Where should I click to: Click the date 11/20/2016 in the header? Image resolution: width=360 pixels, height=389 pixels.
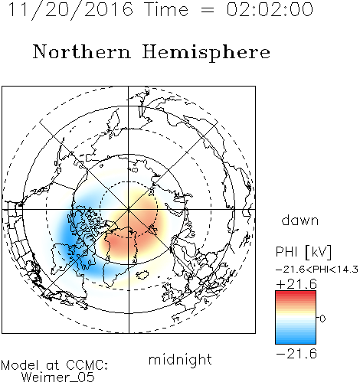[x=70, y=10]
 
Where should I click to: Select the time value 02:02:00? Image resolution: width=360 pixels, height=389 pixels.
[x=270, y=9]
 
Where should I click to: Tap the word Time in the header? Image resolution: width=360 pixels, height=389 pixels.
[x=166, y=9]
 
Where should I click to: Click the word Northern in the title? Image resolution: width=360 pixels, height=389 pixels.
[x=82, y=51]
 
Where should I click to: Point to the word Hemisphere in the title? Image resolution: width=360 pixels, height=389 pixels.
[x=206, y=52]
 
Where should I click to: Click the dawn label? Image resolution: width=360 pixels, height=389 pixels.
[x=300, y=221]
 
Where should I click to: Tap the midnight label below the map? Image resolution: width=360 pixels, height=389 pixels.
[x=180, y=360]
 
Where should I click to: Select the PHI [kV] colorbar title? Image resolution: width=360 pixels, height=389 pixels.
[x=303, y=252]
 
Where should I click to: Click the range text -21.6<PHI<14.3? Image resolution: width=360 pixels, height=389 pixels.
[x=317, y=270]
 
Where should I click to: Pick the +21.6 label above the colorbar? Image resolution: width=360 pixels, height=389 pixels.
[x=296, y=284]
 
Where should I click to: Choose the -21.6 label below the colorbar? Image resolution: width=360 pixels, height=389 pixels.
[x=296, y=354]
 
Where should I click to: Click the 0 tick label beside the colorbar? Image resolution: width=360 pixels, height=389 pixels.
[x=322, y=319]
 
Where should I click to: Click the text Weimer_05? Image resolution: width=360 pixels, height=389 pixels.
[x=58, y=378]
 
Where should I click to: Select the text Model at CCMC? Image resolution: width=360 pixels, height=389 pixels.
[x=54, y=365]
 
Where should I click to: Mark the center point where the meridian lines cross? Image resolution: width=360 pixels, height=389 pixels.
[x=129, y=210]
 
